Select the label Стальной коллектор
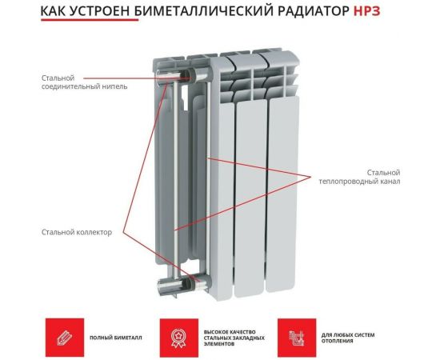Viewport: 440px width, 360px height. pyautogui.click(x=77, y=232)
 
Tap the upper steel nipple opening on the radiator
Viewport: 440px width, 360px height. pyautogui.click(x=191, y=77)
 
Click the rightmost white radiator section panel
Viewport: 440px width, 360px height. pyautogui.click(x=282, y=192)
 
